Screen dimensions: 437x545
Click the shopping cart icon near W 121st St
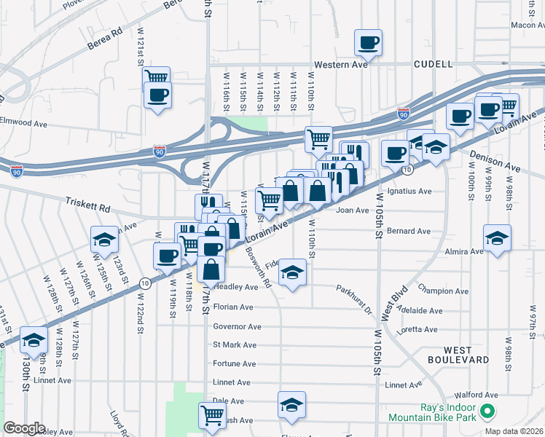157,77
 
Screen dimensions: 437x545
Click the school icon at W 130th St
34,339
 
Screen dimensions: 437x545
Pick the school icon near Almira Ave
497,237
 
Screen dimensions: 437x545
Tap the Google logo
24,428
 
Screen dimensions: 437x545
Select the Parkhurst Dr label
354,299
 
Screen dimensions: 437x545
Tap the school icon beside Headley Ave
293,273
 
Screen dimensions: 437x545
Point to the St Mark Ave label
235,345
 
